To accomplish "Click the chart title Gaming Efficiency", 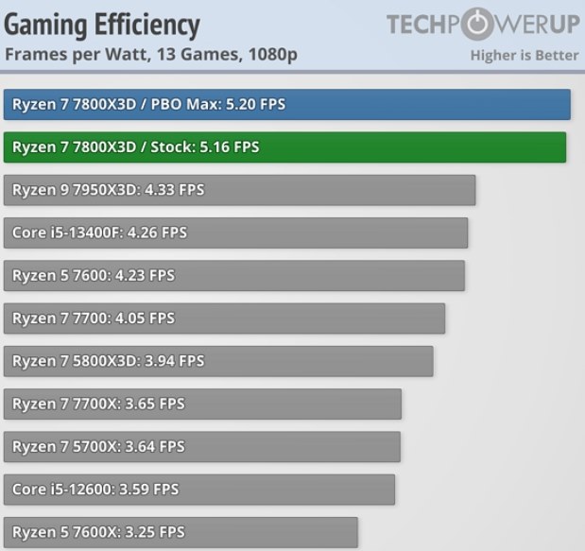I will tap(102, 25).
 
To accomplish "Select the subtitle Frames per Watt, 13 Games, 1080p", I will tap(151, 54).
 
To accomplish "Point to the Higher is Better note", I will tap(524, 55).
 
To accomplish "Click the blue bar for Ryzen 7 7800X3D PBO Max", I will tap(286, 104).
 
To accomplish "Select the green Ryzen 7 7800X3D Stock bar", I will tap(284, 147).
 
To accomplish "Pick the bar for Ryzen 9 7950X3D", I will tap(239, 190).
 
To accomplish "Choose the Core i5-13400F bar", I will tap(235, 232).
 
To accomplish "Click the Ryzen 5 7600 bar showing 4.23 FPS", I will tap(234, 276).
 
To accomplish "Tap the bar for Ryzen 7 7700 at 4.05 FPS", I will tap(224, 319).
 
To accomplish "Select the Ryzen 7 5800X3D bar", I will tap(218, 361).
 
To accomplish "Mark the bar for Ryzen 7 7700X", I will tap(202, 404).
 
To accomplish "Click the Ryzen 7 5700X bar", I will tap(201, 446).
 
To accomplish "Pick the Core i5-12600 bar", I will tap(198, 490).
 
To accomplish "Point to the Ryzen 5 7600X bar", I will tap(181, 532).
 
